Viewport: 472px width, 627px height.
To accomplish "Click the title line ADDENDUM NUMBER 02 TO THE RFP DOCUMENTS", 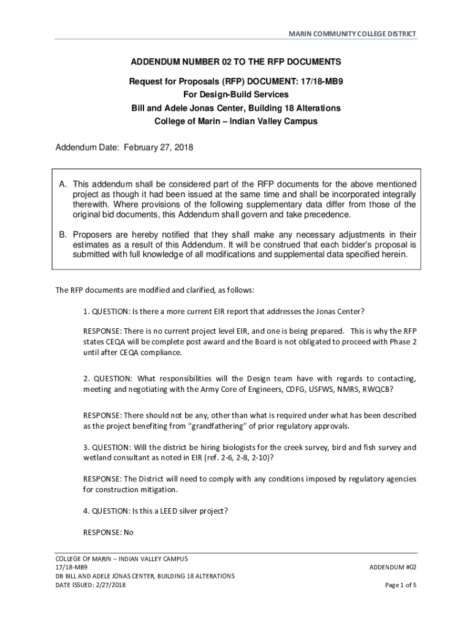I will pos(236,62).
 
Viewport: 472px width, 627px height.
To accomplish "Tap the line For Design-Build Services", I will pos(236,94).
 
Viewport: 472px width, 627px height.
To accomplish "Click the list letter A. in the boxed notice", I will pos(63,184).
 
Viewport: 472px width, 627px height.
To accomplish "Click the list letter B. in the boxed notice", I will pos(63,235).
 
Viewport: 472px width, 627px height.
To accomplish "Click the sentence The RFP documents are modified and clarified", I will pos(154,290).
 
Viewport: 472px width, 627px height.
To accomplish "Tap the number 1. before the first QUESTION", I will pos(86,310).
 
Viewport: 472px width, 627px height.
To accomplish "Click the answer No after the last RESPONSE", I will pos(128,532).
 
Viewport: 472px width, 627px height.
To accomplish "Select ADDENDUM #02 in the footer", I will pos(393,568).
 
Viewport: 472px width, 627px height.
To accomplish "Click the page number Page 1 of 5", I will pos(401,585).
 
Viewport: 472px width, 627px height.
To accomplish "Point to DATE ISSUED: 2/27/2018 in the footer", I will pos(91,585).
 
